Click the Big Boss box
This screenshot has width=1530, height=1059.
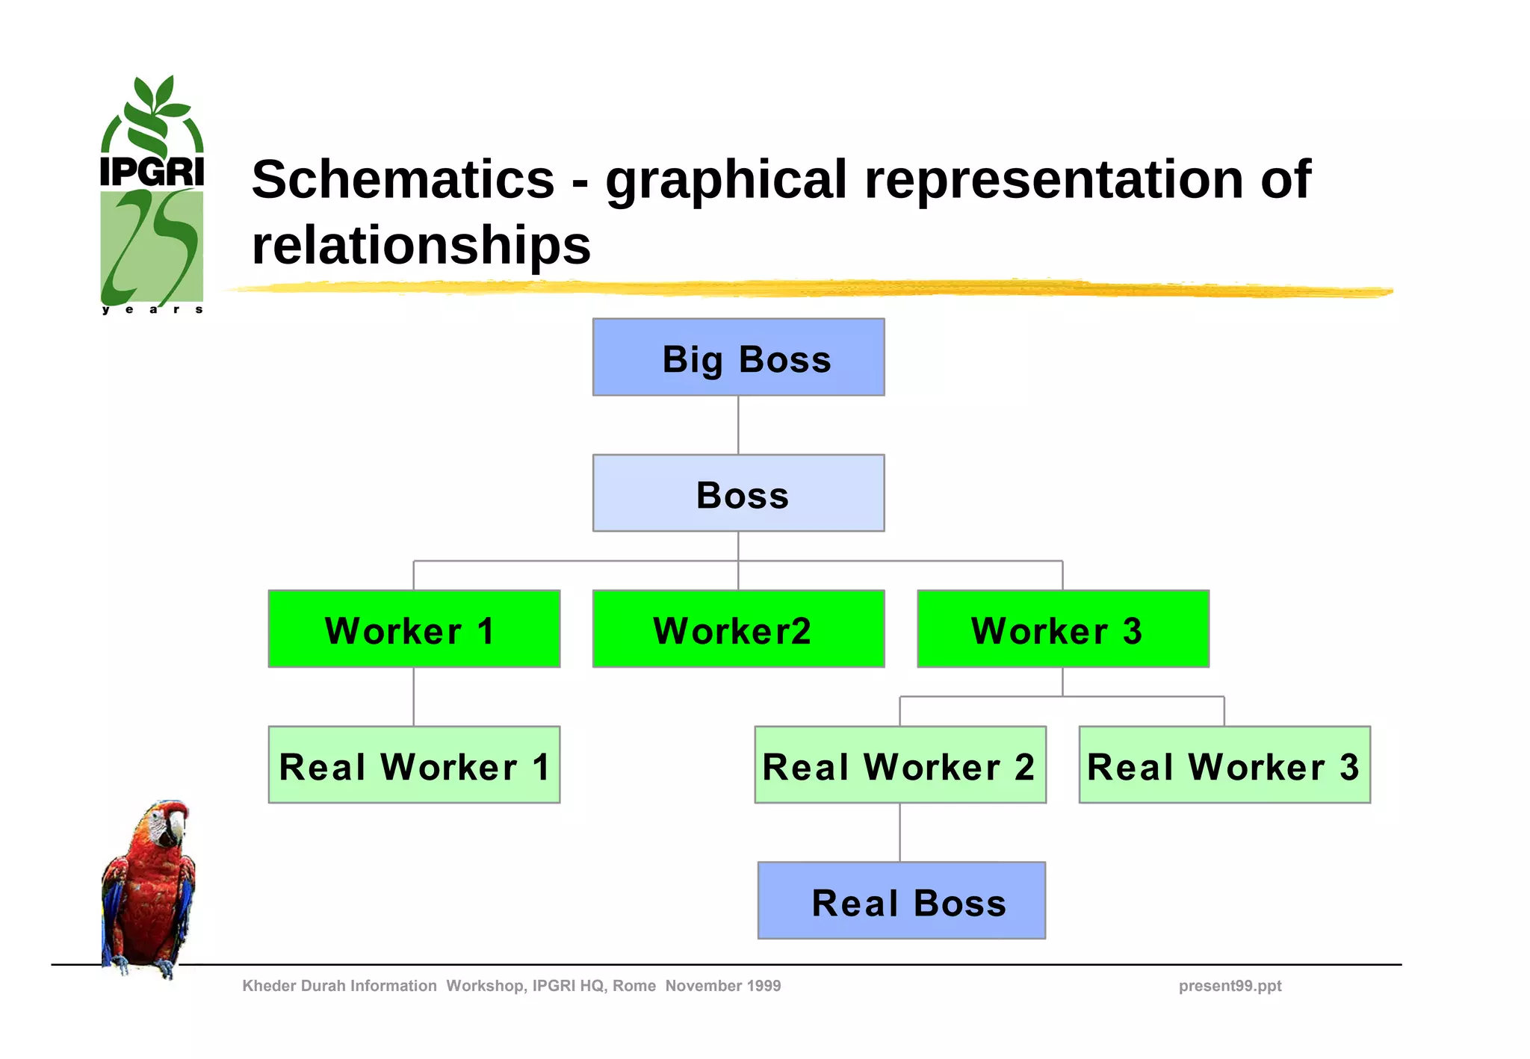point(738,358)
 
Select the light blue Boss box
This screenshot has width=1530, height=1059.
point(738,494)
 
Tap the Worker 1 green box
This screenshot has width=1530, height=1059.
point(414,629)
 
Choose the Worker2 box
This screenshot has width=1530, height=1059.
point(738,629)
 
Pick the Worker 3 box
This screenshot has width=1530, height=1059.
point(1062,629)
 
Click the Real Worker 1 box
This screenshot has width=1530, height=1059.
point(414,765)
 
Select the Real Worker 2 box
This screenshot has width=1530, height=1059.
point(900,765)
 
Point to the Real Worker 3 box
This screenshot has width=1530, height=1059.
point(1224,765)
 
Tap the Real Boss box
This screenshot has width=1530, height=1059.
point(901,901)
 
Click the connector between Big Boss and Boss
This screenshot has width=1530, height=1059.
point(738,425)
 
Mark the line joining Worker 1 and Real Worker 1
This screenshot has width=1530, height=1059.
point(414,696)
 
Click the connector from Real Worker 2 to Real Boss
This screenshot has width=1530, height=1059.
point(899,832)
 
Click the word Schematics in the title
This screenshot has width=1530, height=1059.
point(403,180)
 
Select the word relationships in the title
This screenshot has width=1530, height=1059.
point(421,245)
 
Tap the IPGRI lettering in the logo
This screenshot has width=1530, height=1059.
point(152,172)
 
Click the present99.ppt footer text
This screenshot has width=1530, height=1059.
point(1230,986)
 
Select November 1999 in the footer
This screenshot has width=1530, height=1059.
point(722,986)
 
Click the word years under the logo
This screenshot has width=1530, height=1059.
point(152,309)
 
